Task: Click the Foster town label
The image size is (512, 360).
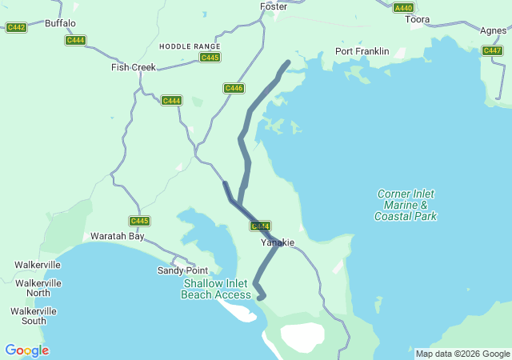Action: point(274,6)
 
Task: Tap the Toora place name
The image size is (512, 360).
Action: point(417,19)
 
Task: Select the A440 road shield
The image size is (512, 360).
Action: point(404,7)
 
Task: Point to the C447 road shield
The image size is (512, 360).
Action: point(492,50)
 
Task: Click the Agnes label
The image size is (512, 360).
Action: point(493,30)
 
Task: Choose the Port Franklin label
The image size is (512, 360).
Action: point(362,51)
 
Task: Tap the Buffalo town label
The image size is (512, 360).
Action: point(61,23)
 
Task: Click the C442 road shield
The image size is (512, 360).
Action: point(16,27)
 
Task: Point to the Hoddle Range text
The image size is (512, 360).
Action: point(190,46)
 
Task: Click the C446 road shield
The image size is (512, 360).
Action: point(234,88)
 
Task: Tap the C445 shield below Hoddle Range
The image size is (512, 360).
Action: point(210,58)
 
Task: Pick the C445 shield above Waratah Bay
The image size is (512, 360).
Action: point(139,221)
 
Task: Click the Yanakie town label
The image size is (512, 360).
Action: point(278,242)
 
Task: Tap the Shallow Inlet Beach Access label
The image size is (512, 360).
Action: point(216,289)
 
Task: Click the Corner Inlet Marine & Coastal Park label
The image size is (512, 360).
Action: point(406,205)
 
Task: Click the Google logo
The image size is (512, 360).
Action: point(26,350)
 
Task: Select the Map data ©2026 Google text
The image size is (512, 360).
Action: point(462,354)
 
